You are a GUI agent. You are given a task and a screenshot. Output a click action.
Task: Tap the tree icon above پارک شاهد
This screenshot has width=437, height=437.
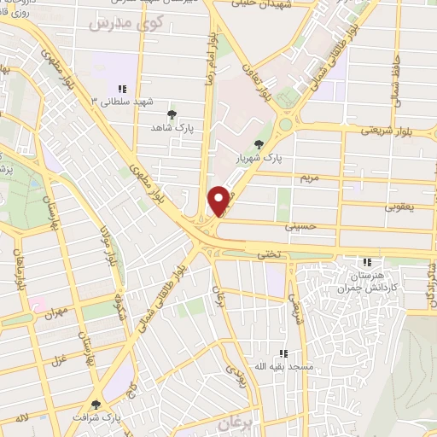click(172, 114)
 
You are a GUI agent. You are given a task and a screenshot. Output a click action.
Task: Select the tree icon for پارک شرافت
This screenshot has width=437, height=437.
click(95, 405)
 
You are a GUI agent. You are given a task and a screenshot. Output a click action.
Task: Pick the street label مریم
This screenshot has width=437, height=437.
click(309, 177)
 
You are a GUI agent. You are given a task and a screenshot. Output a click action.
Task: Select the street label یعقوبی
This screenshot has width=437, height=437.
click(399, 207)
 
